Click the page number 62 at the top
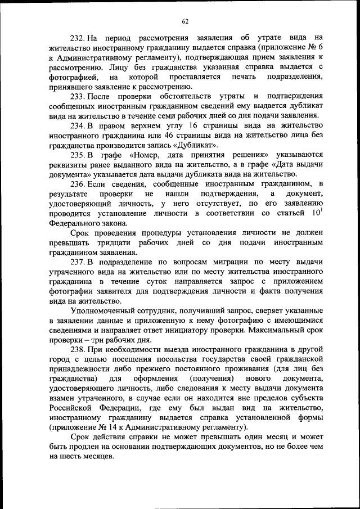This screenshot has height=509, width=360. (x=185, y=21)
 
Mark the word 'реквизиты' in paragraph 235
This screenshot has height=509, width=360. (x=67, y=165)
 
